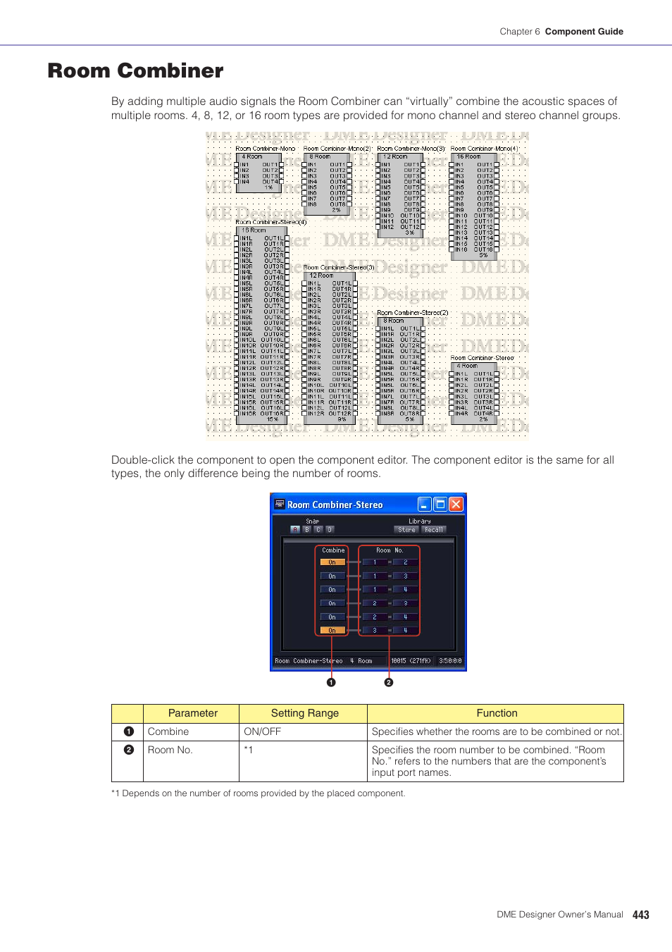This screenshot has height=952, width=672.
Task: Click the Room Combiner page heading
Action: tap(135, 71)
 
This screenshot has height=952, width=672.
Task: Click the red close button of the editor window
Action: tap(456, 504)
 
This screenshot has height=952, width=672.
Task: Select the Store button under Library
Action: tap(406, 530)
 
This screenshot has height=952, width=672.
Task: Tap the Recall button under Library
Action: tap(434, 530)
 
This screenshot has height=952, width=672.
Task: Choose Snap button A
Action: tap(295, 530)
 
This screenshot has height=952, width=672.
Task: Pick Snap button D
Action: tap(329, 530)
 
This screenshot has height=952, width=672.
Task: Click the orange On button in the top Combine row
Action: tap(332, 562)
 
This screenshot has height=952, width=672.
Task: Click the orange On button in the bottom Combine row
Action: tap(332, 631)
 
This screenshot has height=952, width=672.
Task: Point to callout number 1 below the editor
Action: tap(331, 682)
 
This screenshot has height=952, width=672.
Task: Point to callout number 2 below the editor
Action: tap(388, 682)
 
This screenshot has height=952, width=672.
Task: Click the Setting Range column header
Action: tap(304, 713)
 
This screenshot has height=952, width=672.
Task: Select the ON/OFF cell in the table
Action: tap(262, 731)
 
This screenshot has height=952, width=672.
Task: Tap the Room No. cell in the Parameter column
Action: tap(170, 750)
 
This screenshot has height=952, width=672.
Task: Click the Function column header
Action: tap(497, 713)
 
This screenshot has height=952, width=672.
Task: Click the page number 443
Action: tap(640, 915)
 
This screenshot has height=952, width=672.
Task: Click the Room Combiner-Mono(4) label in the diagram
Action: tap(485, 149)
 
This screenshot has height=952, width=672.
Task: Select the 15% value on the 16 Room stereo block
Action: tap(272, 419)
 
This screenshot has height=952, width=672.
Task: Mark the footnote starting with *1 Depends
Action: tap(258, 793)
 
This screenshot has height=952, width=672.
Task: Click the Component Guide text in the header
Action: tap(584, 32)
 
